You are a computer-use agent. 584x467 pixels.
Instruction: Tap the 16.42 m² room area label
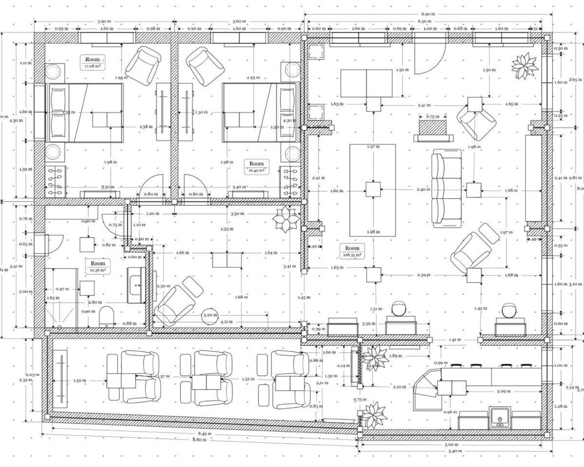(x=256, y=171)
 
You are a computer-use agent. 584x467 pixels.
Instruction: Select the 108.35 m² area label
(x=352, y=255)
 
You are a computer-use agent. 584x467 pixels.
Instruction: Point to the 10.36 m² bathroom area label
(x=98, y=270)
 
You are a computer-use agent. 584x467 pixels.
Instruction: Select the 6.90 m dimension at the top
(x=428, y=15)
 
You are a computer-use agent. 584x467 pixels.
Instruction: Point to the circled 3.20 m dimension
(x=210, y=315)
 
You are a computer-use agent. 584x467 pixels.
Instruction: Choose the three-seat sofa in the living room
(x=447, y=190)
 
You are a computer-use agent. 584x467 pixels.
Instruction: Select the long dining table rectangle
(x=373, y=189)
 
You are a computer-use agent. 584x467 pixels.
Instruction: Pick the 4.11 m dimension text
(x=225, y=322)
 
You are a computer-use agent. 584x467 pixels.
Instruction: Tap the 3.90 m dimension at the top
(x=104, y=21)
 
